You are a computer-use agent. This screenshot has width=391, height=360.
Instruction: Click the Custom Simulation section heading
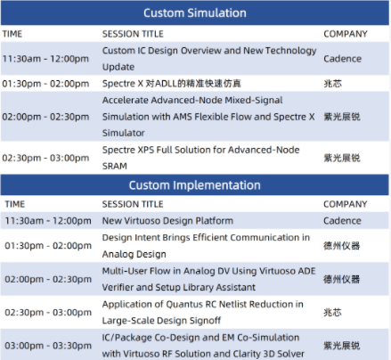[195, 13]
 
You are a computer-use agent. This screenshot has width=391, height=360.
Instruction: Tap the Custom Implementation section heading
[195, 185]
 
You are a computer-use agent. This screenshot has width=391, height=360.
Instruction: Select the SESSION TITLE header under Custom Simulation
[133, 34]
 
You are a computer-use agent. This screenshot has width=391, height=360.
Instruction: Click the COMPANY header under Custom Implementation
[346, 204]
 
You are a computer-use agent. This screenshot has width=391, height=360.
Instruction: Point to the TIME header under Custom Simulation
[12, 34]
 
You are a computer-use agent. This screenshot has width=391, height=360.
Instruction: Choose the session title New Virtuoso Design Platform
[167, 221]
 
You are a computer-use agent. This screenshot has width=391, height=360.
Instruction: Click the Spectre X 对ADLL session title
[172, 84]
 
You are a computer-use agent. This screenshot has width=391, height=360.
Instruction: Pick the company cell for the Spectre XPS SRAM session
[342, 158]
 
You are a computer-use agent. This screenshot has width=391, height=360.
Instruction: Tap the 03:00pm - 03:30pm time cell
[48, 346]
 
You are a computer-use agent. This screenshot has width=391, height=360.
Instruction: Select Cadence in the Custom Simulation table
[342, 59]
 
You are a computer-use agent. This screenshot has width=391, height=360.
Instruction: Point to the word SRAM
[115, 166]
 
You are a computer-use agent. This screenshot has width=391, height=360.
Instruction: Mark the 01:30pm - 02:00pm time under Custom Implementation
[48, 246]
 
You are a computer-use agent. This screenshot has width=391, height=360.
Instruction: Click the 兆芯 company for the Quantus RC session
[332, 312]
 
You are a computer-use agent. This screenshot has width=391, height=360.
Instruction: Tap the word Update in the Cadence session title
[118, 67]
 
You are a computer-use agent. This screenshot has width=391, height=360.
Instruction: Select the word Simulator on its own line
[124, 133]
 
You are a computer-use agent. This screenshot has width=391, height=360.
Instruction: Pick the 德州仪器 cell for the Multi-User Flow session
[342, 279]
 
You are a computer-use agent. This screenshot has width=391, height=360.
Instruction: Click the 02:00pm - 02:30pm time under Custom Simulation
[45, 117]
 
